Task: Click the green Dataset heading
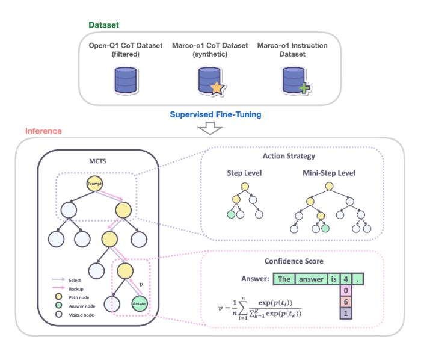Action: [x=104, y=25]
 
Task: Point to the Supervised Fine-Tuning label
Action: [x=210, y=114]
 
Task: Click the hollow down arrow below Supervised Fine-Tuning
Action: [x=210, y=128]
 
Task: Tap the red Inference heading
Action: [x=43, y=131]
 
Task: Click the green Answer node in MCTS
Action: [x=139, y=303]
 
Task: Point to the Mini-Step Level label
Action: [x=330, y=173]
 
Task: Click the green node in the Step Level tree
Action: [x=230, y=214]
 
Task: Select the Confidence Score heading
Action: [x=293, y=261]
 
